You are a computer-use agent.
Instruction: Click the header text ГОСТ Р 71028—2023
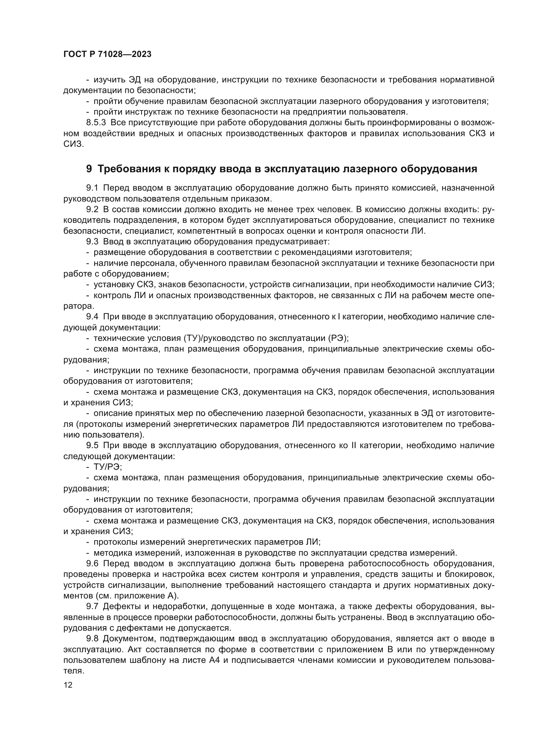[107, 54]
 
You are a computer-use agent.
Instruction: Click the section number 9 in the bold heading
[89, 169]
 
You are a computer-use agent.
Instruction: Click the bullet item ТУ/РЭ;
[108, 467]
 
